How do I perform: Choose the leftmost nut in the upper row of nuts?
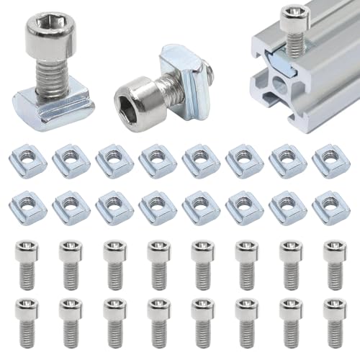(x=28, y=161)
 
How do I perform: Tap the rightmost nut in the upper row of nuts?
(x=330, y=161)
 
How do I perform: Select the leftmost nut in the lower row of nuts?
(x=28, y=207)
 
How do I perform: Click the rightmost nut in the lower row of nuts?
(x=330, y=207)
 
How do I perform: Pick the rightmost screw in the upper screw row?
(x=333, y=265)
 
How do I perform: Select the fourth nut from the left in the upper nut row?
(x=158, y=161)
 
